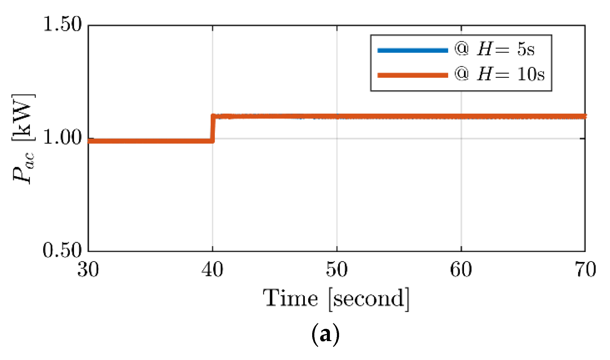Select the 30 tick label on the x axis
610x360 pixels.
tap(88, 270)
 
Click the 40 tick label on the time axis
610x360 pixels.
tap(212, 270)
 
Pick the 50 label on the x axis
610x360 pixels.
tap(337, 270)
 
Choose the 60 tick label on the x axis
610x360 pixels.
tap(461, 270)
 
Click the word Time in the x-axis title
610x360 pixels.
tap(290, 298)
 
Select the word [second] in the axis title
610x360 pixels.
tap(369, 299)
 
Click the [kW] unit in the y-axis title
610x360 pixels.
tap(23, 118)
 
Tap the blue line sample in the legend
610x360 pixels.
tap(412, 50)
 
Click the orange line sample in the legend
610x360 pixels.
tap(412, 75)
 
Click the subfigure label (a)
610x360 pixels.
tap(325, 334)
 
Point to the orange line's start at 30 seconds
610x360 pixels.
tap(89, 141)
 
